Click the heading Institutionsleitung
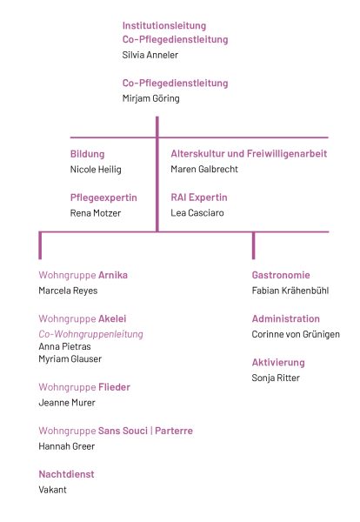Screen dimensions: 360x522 tap(164, 26)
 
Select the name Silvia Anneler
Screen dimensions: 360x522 tap(150, 55)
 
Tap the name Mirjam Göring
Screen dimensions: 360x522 tap(150, 98)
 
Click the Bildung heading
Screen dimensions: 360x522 tap(87, 154)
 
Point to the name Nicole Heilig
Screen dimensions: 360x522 tap(96, 170)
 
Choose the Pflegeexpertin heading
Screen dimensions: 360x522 tap(103, 197)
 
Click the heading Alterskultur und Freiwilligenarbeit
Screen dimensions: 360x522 tap(249, 154)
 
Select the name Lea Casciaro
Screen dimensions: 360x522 tap(197, 213)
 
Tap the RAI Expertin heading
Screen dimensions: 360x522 tap(199, 197)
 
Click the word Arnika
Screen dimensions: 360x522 tap(113, 275)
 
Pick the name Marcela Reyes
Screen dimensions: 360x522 tap(68, 291)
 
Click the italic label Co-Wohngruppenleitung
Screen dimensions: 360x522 tap(90, 334)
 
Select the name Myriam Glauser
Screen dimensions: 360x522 tap(70, 358)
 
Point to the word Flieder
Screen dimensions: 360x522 tap(114, 387)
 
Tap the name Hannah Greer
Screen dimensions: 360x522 tap(67, 446)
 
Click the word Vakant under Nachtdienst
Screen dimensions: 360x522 tap(52, 490)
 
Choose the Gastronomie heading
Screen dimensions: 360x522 tap(281, 275)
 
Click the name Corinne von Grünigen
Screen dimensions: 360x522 tap(296, 334)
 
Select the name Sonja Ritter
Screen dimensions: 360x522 tap(276, 378)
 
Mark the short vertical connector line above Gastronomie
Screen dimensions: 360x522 tap(254, 245)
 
